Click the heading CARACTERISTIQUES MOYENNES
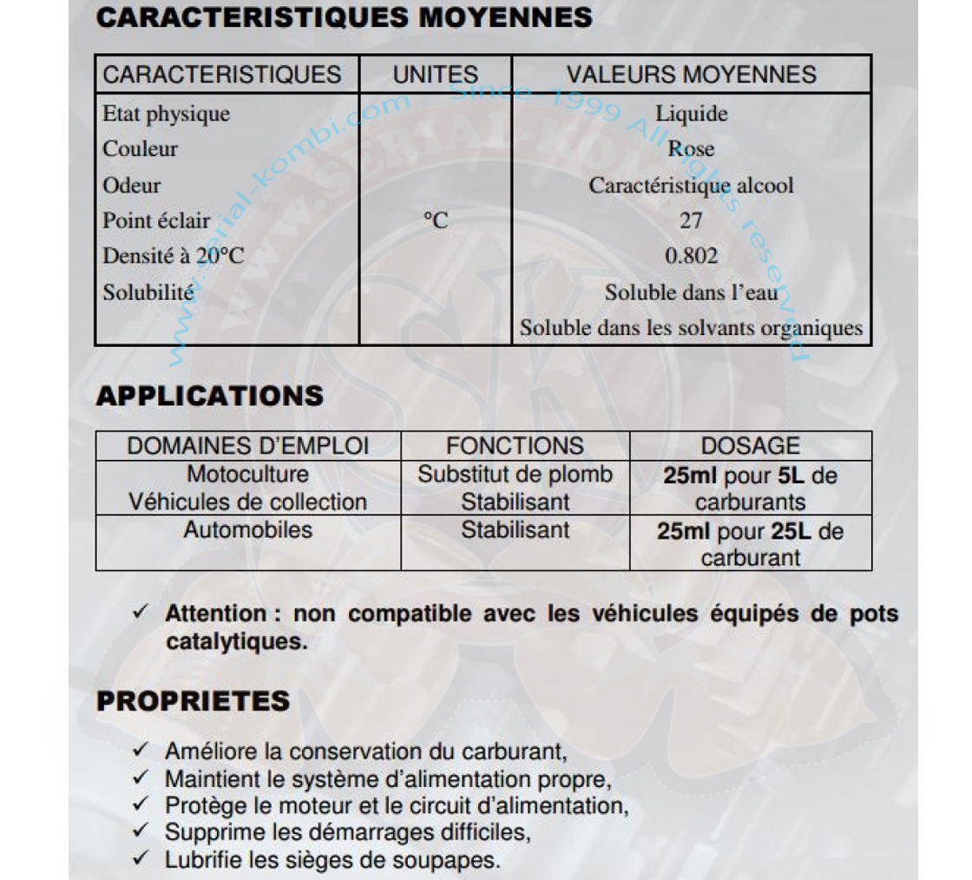pos(344,17)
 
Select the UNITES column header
pos(435,75)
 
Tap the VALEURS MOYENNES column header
pos(691,75)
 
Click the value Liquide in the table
pos(691,114)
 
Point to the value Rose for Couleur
pos(691,149)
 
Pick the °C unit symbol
pos(435,221)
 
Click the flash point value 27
pos(691,221)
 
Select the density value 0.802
pos(691,257)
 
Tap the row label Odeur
pos(132,186)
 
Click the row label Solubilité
pos(148,292)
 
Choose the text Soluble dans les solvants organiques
pos(691,329)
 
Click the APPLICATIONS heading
pos(209,397)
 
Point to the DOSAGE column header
pos(750,446)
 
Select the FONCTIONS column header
pos(515,446)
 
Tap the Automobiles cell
pos(247,529)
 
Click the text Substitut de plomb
pos(515,475)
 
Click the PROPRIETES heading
pos(193,701)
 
